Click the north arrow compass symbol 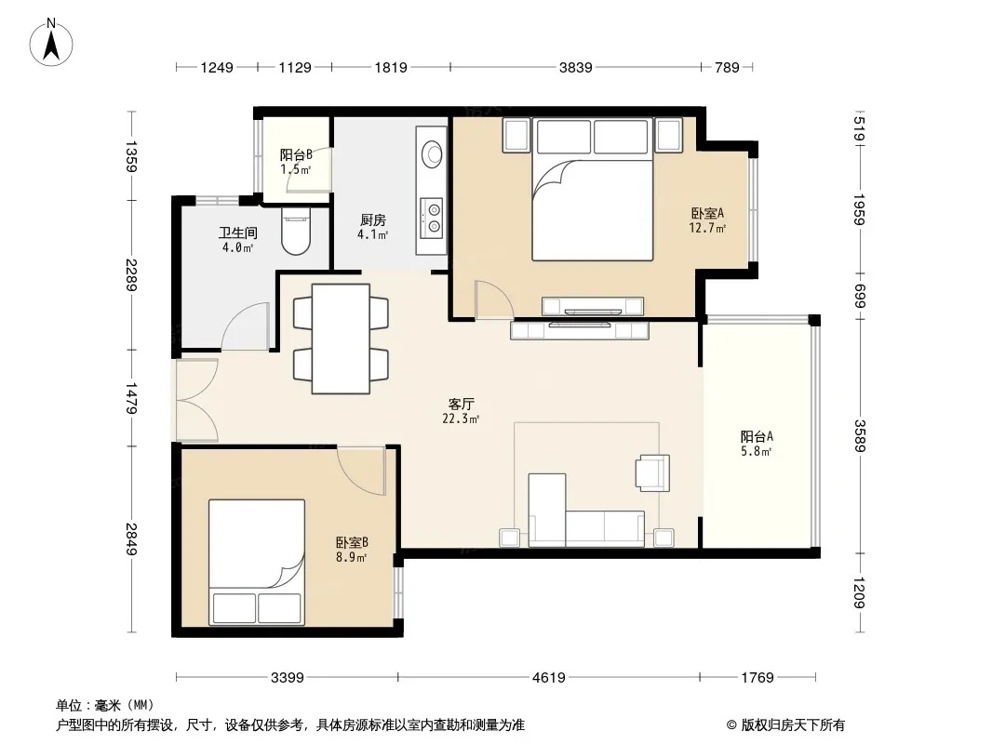(51, 42)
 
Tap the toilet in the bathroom (296, 232)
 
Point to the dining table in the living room (341, 339)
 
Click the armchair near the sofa (653, 472)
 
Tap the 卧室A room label (706, 213)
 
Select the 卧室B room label (352, 542)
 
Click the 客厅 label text (461, 404)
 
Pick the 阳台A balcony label (757, 436)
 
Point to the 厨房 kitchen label (372, 219)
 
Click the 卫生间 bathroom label (238, 232)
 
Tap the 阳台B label (296, 154)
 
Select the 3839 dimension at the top (576, 67)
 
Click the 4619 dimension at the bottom (548, 678)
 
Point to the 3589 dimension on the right (859, 436)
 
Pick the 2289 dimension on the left (131, 275)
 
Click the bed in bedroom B (257, 563)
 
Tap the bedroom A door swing (494, 299)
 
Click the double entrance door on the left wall (197, 400)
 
